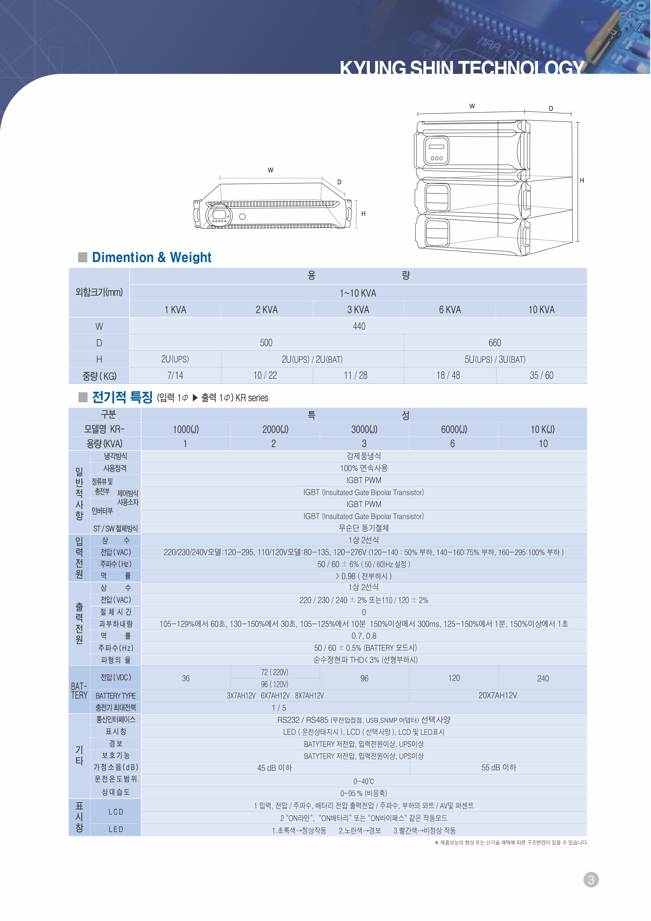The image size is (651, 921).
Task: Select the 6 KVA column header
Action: [x=450, y=310]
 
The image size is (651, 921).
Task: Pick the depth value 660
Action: [x=495, y=343]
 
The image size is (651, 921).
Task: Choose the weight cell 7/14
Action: [x=175, y=375]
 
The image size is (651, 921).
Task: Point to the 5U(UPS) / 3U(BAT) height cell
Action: [x=495, y=359]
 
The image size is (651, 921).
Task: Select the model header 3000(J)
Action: [x=364, y=430]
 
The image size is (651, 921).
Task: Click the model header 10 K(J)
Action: [x=542, y=430]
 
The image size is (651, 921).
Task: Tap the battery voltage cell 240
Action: [x=543, y=678]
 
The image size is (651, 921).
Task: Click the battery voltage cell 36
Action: [x=186, y=678]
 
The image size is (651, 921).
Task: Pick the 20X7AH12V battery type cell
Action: [x=498, y=695]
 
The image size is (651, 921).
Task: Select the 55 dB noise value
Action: [x=498, y=767]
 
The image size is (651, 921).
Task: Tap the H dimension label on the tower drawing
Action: [x=582, y=181]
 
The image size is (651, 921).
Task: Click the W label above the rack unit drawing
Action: [x=271, y=170]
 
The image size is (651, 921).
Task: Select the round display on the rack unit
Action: [x=219, y=215]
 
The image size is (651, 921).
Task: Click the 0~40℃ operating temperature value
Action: [x=363, y=781]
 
